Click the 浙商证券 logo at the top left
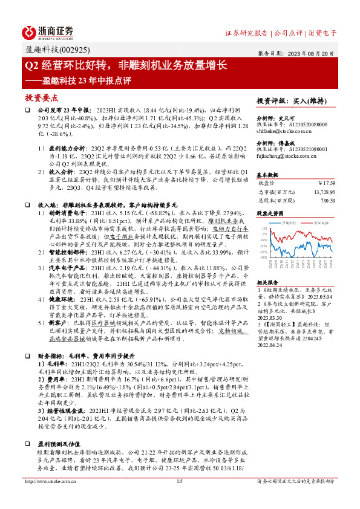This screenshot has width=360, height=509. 47,31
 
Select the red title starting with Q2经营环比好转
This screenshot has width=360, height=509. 125,64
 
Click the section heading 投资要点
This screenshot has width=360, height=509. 41,97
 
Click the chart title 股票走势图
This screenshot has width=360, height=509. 269,213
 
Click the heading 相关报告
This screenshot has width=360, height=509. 267,282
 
